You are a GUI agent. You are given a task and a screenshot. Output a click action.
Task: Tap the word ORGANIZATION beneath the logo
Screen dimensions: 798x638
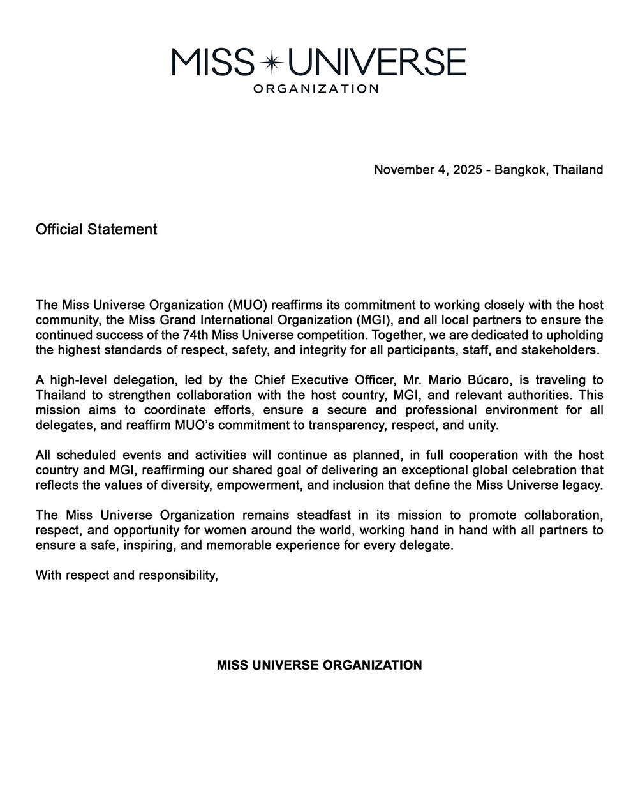[316, 89]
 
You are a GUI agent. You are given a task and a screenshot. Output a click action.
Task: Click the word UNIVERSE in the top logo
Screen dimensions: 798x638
[378, 62]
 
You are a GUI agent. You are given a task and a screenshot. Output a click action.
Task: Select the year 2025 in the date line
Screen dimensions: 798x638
[468, 170]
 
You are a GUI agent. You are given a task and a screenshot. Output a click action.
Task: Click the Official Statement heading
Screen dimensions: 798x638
[96, 229]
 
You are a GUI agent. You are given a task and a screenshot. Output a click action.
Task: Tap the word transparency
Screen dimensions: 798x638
[341, 425]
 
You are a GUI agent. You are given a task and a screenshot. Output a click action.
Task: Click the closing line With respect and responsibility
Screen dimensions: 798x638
[127, 576]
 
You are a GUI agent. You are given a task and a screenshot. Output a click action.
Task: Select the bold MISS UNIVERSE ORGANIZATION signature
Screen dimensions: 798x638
[319, 665]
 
